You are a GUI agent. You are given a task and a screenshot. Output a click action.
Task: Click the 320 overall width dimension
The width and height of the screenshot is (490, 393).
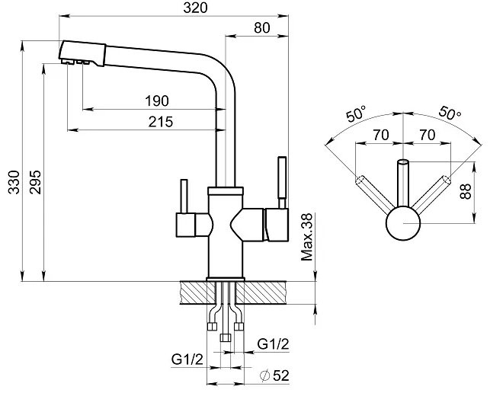coord(195,8)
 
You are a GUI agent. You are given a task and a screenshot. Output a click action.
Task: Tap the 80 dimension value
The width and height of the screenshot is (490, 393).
coord(262,28)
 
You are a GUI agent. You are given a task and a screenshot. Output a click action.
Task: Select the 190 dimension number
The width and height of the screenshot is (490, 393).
coord(157,101)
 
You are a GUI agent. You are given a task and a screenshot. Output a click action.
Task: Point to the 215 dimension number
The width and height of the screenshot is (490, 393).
coord(161,122)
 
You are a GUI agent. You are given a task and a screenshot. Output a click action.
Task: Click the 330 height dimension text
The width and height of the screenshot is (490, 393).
coord(14,182)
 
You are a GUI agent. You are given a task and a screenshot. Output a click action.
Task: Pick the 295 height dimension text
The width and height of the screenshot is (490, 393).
coord(35,182)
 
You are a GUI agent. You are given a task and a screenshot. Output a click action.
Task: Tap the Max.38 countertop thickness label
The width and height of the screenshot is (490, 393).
coord(306,237)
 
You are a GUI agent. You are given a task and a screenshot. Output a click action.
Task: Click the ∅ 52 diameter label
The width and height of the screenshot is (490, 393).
coord(274,375)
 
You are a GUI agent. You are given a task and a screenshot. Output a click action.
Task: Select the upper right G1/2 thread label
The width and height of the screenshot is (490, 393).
coord(273,344)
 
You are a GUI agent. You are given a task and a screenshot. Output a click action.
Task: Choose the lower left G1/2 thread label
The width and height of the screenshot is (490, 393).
coord(187,359)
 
